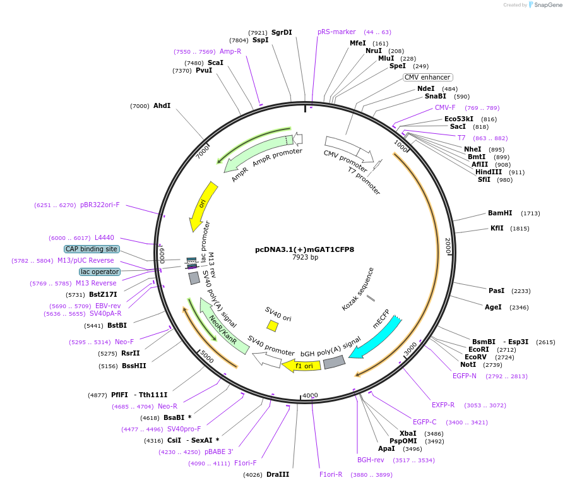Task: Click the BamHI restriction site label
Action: click(x=500, y=213)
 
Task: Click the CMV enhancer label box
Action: click(x=427, y=77)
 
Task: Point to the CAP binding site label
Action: click(x=91, y=249)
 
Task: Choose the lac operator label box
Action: click(x=99, y=272)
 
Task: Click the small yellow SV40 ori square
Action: click(x=272, y=325)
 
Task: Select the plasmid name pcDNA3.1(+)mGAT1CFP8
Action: click(x=304, y=249)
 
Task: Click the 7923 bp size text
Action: click(x=305, y=258)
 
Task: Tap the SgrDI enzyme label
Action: click(x=282, y=32)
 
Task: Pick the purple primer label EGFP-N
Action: click(x=464, y=376)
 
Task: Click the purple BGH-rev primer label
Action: click(x=371, y=460)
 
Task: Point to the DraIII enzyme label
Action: click(x=278, y=474)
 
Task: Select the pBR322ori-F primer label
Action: click(x=100, y=205)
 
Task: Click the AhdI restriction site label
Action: click(x=162, y=105)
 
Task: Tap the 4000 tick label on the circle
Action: click(x=310, y=395)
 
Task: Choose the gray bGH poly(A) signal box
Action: click(x=335, y=362)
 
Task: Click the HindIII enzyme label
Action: click(x=489, y=172)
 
